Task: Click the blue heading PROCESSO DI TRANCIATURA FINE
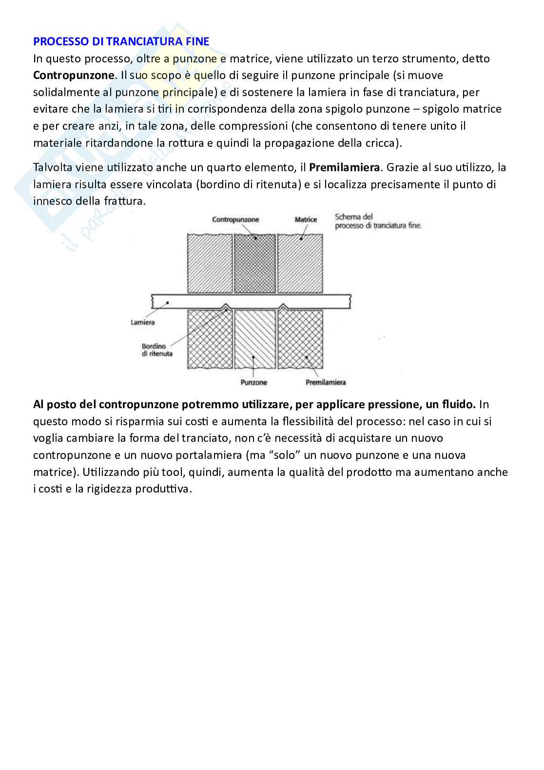[x=121, y=41]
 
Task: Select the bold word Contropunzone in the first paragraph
[x=74, y=76]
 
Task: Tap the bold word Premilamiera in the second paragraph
[x=344, y=168]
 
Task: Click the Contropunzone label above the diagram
[x=235, y=220]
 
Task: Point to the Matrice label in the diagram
[x=306, y=220]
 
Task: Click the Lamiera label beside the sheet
[x=142, y=322]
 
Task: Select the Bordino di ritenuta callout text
[x=157, y=350]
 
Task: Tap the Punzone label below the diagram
[x=253, y=382]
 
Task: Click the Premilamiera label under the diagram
[x=325, y=382]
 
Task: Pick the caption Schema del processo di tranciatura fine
[x=378, y=221]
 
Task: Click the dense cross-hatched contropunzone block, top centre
[x=254, y=263]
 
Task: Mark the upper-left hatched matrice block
[x=210, y=263]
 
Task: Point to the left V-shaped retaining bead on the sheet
[x=225, y=307]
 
